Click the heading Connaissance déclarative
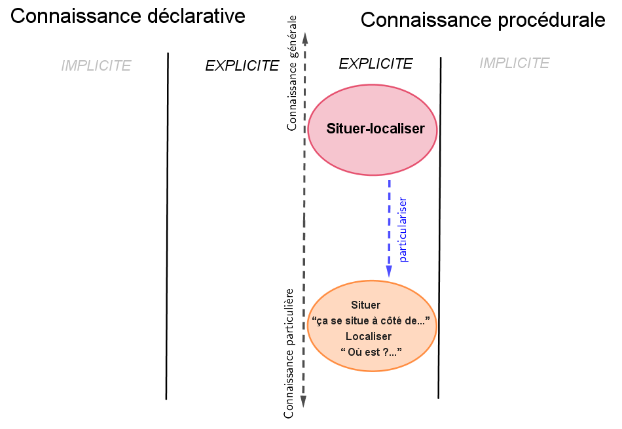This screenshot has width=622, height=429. coord(128,16)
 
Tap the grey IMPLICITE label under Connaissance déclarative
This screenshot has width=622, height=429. coord(96,66)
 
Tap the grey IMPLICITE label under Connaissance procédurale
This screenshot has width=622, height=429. coord(514,63)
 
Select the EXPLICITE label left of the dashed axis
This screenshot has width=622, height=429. coord(242,66)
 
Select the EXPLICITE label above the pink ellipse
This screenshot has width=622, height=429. coord(375,63)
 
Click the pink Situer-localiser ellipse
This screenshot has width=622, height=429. coord(373,129)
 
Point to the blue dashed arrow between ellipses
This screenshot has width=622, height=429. coord(389,222)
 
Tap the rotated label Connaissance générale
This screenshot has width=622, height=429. coord(292,73)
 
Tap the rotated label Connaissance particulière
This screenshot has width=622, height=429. coord(289,352)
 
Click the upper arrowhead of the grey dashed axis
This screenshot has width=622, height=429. coord(304,38)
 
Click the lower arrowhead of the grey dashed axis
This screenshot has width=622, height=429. coord(304,402)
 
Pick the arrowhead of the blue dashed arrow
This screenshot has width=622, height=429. coord(389,271)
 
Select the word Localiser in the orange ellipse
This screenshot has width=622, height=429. coord(368,336)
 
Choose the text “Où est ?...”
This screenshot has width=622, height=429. coord(371,352)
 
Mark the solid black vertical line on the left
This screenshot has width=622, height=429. coord(167,226)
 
